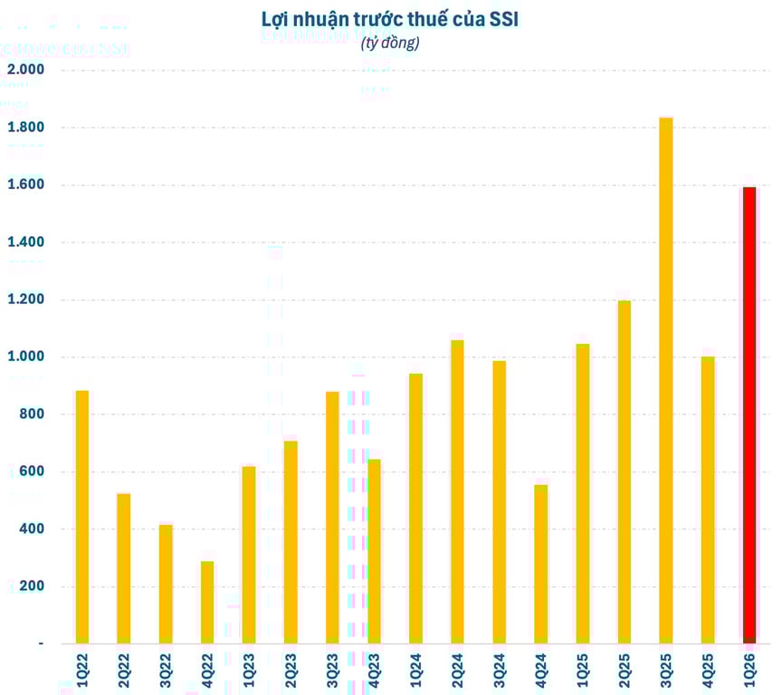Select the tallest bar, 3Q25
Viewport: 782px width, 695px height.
[666, 380]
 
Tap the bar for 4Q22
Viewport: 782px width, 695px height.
[207, 602]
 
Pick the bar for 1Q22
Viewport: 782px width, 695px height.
[82, 516]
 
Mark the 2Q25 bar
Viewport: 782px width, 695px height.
[625, 471]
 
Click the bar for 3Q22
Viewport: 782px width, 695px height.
[166, 584]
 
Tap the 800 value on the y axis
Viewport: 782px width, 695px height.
[31, 414]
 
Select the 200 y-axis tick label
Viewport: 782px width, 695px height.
[31, 586]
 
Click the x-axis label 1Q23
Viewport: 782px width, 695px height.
[249, 671]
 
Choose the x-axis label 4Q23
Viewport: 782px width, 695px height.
[374, 671]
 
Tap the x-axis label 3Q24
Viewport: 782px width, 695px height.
[500, 671]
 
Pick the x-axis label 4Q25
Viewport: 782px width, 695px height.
[708, 671]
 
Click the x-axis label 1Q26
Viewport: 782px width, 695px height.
[749, 671]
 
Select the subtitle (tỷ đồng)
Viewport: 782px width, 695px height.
[390, 43]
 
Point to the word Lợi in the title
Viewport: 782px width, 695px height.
[276, 20]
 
